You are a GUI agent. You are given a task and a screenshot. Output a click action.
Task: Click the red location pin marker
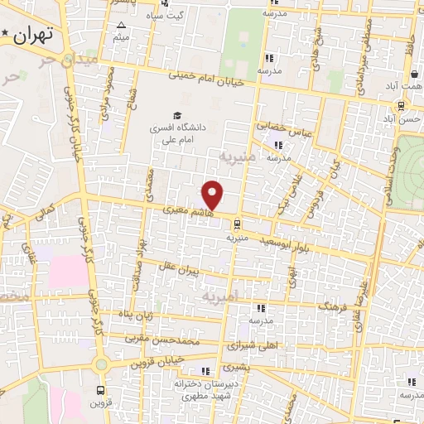[213, 195]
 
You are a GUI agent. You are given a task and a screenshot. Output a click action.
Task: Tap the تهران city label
[33, 34]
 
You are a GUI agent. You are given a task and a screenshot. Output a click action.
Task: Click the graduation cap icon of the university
[176, 115]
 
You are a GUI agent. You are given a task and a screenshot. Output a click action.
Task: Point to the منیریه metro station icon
[237, 223]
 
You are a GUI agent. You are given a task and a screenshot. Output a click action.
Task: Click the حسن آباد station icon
[401, 105]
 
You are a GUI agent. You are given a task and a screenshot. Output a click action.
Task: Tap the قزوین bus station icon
[101, 388]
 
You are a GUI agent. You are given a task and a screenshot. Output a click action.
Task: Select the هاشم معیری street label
[187, 213]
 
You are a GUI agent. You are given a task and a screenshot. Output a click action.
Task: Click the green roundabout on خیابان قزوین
[101, 364]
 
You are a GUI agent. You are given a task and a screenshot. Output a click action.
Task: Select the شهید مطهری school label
[197, 396]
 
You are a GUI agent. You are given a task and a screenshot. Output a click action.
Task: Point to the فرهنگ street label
[331, 308]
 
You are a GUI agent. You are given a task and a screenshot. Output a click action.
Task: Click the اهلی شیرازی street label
[259, 344]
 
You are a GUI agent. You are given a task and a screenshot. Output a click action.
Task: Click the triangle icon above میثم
[122, 25]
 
